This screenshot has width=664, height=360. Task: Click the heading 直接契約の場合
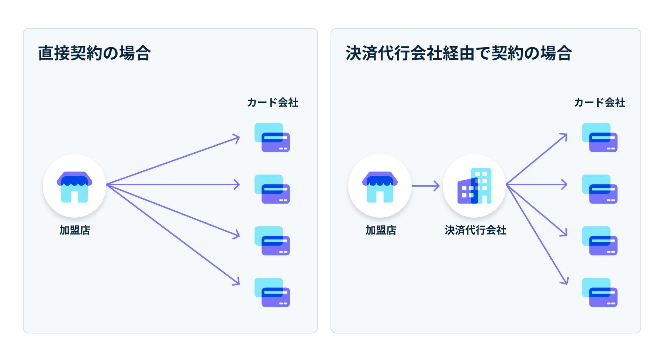coord(94,53)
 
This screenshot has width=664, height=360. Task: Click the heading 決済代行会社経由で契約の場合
coord(459,53)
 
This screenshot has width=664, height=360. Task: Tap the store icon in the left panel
coord(75,186)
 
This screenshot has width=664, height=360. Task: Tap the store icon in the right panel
coord(380,186)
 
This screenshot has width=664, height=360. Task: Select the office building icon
coord(474,186)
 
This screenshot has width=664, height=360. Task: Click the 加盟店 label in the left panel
coord(75,230)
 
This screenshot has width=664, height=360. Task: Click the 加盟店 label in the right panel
coord(381,230)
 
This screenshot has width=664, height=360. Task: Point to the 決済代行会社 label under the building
coord(475,230)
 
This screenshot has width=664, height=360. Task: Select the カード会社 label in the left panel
coord(273,103)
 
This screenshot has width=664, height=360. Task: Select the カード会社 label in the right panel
coord(599,103)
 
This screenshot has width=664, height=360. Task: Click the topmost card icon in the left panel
coord(272,138)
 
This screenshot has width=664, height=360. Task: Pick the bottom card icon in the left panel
coord(272,292)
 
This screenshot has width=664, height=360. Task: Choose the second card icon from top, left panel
coord(272,189)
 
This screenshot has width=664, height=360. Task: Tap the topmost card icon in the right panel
coord(600,138)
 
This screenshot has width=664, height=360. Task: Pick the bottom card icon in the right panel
coord(600,292)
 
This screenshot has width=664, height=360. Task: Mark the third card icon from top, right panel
coord(600,241)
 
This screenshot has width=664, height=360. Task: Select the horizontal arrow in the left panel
coord(173,184)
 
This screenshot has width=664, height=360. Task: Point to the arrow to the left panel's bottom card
coord(173,235)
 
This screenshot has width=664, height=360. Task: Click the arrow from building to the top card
coord(537,159)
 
